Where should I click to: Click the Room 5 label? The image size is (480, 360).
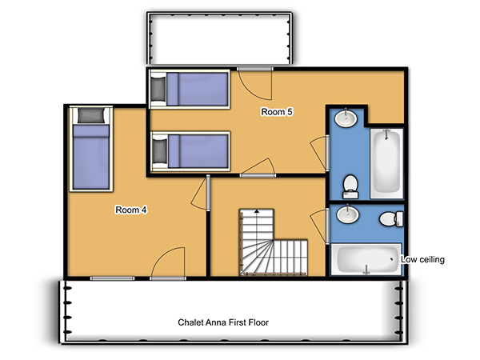click(x=277, y=112)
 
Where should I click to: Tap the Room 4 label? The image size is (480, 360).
click(x=131, y=210)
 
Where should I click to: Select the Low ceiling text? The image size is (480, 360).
click(x=422, y=259)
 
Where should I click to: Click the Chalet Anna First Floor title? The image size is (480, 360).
click(x=223, y=322)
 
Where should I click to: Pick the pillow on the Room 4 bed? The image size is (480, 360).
click(x=91, y=115)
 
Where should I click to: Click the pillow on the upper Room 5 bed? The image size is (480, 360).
click(x=158, y=89)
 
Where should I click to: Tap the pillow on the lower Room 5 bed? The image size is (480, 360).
click(x=160, y=150)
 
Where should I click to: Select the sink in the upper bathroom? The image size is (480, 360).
click(x=346, y=118)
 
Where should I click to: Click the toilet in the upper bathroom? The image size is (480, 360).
click(x=350, y=186)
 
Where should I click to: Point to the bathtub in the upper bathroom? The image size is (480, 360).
click(x=386, y=163)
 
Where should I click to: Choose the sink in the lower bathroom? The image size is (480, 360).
click(x=347, y=214)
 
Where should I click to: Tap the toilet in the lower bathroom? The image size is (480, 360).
click(x=391, y=219)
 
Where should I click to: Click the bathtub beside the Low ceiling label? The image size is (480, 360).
click(x=366, y=259)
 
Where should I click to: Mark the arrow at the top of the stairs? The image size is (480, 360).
click(x=257, y=211)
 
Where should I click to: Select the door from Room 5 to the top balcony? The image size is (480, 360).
click(x=255, y=83)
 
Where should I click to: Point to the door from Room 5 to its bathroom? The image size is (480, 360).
click(x=320, y=153)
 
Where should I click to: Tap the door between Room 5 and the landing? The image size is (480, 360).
click(x=258, y=168)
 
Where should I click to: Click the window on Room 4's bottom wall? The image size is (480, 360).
click(x=112, y=278)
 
